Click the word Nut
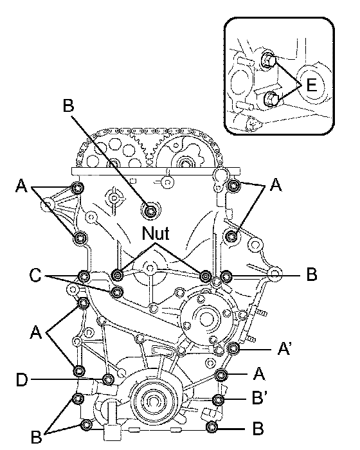pyautogui.click(x=156, y=233)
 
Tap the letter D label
pyautogui.click(x=22, y=380)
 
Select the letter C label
pyautogui.click(x=35, y=275)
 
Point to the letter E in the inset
pyautogui.click(x=312, y=85)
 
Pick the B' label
pyautogui.click(x=260, y=398)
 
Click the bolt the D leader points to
pyautogui.click(x=108, y=380)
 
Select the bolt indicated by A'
pyautogui.click(x=233, y=348)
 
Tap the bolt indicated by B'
pyautogui.click(x=218, y=399)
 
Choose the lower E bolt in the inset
pyautogui.click(x=270, y=100)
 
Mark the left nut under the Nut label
pyautogui.click(x=118, y=276)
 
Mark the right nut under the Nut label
pyautogui.click(x=206, y=276)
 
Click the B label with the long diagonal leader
pyautogui.click(x=68, y=105)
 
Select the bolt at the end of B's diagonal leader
pyautogui.click(x=150, y=212)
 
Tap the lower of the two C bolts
pyautogui.click(x=117, y=292)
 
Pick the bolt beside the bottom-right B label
pyautogui.click(x=212, y=427)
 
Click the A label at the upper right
pyautogui.click(x=276, y=184)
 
